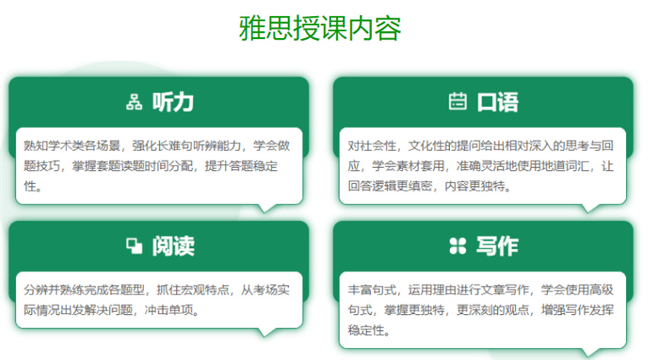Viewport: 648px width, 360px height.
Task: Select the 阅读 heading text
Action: point(172,246)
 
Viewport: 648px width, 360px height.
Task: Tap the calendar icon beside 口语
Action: point(457,102)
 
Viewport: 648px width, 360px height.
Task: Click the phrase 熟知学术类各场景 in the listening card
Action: point(67,146)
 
